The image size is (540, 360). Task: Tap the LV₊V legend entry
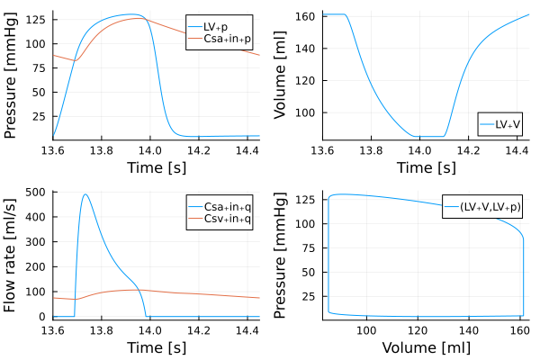(x=507, y=125)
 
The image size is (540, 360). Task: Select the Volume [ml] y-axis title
(x=281, y=75)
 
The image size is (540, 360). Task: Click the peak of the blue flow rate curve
(x=85, y=194)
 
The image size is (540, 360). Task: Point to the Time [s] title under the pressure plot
(x=156, y=167)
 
